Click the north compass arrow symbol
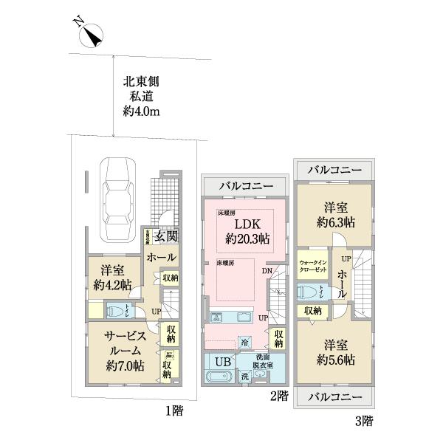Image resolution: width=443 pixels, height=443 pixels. [x=92, y=34]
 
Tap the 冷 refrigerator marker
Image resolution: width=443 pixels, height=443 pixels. [x=244, y=343]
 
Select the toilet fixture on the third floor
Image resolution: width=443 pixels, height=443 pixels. [x=312, y=294]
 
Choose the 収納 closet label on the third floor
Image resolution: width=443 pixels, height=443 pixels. [x=312, y=312]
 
